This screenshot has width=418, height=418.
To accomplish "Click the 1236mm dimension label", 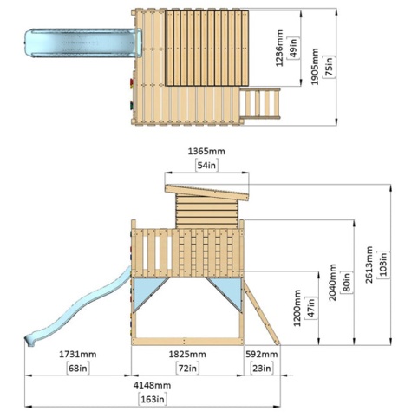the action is click(x=279, y=48).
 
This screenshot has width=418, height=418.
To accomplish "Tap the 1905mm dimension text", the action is click(x=315, y=67).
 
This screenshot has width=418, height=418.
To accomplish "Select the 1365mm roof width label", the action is click(x=206, y=151).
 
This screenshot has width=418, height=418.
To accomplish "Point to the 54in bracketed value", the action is click(x=206, y=166).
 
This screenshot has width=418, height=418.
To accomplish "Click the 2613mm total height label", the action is click(x=369, y=265).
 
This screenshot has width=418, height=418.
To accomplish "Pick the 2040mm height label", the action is click(x=333, y=282).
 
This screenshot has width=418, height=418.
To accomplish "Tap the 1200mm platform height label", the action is click(x=297, y=308).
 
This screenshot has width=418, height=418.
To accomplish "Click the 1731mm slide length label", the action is click(x=78, y=355).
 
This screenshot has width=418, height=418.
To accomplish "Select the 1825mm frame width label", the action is click(x=187, y=355).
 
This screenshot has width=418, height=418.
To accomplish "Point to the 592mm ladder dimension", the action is click(x=262, y=355).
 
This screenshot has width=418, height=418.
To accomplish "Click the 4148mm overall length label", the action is click(x=152, y=385).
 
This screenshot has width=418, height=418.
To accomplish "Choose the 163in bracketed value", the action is click(x=153, y=400).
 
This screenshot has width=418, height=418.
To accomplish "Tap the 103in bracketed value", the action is click(x=383, y=265).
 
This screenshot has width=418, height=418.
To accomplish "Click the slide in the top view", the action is click(x=83, y=42).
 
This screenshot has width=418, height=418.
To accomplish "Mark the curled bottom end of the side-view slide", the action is click(x=30, y=341).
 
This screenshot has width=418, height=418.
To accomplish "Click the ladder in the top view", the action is click(x=259, y=103).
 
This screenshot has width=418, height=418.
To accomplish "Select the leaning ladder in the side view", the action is click(x=262, y=313).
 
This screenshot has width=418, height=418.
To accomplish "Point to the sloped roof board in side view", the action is click(x=206, y=193).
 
